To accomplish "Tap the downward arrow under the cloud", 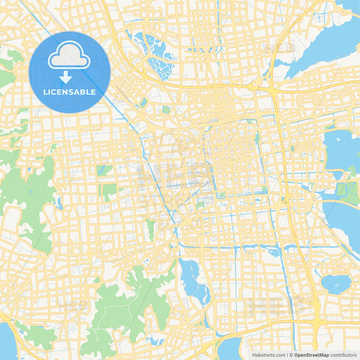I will pos(66,78).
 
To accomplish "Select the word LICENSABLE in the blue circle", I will pos(69,91).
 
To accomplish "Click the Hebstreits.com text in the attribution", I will pos(267,355).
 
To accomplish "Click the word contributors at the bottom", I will pos(343,355).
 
